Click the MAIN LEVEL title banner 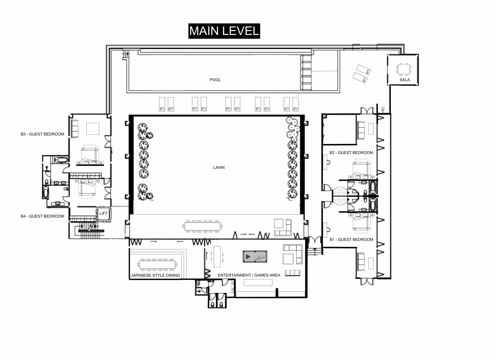tap(224, 31)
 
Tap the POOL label tap(215, 80)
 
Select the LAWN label tap(219, 168)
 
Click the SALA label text tap(405, 80)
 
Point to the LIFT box tap(103, 214)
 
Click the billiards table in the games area tap(255, 257)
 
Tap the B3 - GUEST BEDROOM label tap(42, 134)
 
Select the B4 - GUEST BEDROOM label tap(42, 216)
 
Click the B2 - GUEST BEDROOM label tap(351, 153)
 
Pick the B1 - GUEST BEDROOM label tap(351, 240)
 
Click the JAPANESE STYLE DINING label tap(155, 275)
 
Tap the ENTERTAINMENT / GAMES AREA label tap(249, 275)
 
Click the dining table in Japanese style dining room tap(157, 265)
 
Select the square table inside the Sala tap(404, 69)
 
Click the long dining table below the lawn tap(203, 226)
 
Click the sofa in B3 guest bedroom tap(75, 129)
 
